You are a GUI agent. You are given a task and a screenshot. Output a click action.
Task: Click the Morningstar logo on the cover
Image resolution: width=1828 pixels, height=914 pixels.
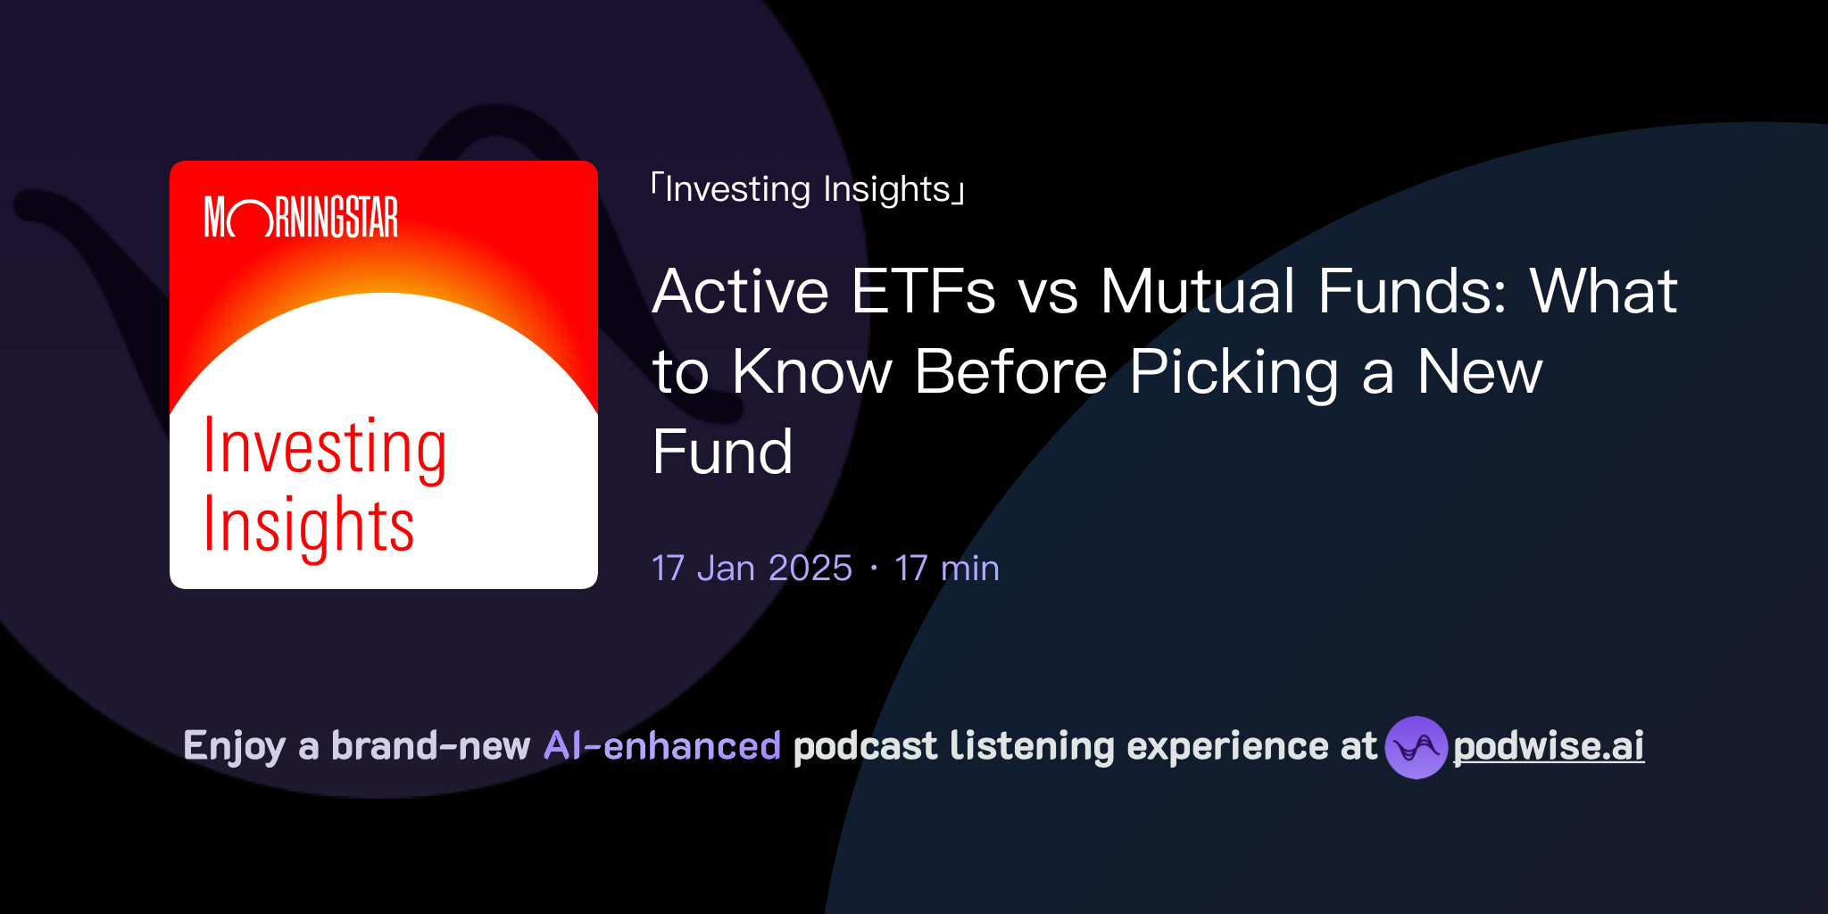pyautogui.click(x=301, y=217)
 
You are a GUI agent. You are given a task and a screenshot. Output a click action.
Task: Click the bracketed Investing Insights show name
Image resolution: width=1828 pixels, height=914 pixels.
pyautogui.click(x=808, y=189)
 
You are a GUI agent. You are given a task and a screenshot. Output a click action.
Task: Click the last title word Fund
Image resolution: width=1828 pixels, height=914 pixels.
pyautogui.click(x=722, y=452)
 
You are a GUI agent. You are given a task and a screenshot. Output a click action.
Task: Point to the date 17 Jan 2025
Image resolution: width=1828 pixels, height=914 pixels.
pyautogui.click(x=752, y=569)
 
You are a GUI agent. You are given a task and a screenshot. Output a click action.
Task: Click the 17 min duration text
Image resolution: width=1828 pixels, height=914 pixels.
pyautogui.click(x=946, y=569)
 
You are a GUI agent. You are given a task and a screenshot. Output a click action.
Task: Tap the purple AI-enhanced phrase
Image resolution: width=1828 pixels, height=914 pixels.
pyautogui.click(x=662, y=745)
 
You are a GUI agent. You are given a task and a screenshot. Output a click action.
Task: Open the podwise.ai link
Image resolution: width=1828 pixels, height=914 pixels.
pyautogui.click(x=1548, y=746)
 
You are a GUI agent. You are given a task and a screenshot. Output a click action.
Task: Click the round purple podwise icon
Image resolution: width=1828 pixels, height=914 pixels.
pyautogui.click(x=1416, y=747)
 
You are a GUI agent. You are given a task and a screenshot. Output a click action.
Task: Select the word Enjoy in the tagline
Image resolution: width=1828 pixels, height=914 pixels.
pyautogui.click(x=235, y=746)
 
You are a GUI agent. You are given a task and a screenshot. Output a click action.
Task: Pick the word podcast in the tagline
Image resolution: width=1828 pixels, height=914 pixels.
pyautogui.click(x=865, y=746)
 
